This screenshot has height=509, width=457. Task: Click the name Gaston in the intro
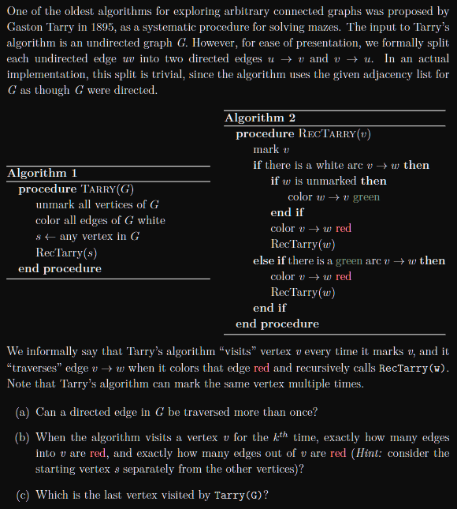pos(25,27)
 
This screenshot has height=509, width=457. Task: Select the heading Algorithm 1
pos(42,173)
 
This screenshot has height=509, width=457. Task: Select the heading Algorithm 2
pos(260,118)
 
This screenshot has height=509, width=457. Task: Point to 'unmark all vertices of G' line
pos(98,205)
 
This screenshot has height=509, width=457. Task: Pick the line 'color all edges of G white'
pos(100,221)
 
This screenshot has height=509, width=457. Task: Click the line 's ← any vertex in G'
pos(87,237)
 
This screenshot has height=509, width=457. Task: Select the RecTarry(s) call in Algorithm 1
pos(66,253)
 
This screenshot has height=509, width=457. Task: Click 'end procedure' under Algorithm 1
pos(60,268)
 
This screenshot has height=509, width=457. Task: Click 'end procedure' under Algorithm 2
pos(277,324)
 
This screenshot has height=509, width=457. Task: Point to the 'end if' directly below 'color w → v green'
pos(287,212)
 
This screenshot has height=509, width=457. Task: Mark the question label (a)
pos(24,412)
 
